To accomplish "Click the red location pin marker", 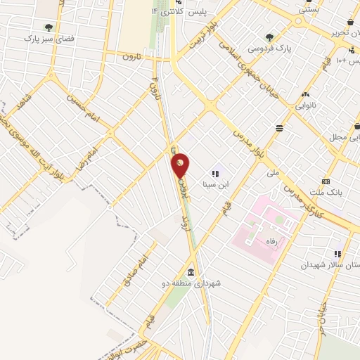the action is (x=181, y=165).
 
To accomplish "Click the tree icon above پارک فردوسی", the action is (x=269, y=37).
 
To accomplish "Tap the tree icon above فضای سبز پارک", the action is (x=48, y=28).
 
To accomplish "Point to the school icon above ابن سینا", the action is (x=215, y=174).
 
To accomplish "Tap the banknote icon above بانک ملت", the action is (x=326, y=181).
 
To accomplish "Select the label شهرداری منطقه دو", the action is (x=192, y=283).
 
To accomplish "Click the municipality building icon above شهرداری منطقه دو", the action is (x=191, y=272).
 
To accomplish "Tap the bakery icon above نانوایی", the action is (x=305, y=95).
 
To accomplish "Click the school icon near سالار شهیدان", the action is (x=337, y=254).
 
